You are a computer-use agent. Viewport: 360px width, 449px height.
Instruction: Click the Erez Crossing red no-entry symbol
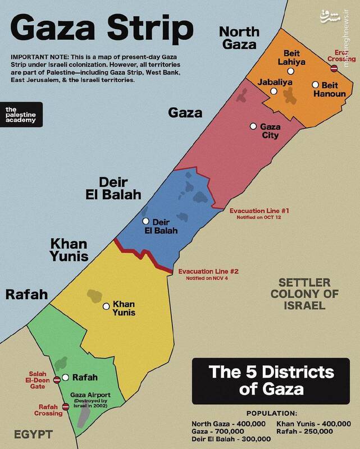(334, 68)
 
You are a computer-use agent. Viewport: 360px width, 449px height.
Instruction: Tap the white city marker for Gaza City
(254, 126)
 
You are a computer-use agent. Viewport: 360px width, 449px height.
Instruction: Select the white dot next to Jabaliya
(274, 91)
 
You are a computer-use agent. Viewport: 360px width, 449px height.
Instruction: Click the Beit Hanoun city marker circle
(316, 84)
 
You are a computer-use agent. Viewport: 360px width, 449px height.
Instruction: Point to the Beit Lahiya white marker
(290, 71)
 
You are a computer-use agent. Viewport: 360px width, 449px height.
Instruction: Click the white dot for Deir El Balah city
(146, 221)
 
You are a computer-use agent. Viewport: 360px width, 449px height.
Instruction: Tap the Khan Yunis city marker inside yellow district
(106, 306)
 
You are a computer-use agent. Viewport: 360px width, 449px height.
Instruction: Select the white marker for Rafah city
(66, 378)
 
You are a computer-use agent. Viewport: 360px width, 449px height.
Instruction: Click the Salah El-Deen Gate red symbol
(56, 379)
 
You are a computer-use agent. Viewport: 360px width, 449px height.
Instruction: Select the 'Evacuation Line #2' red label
(209, 272)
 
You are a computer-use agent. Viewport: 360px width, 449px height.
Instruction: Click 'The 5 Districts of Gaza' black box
(271, 379)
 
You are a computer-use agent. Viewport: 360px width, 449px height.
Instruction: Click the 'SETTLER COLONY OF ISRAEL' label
(306, 294)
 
